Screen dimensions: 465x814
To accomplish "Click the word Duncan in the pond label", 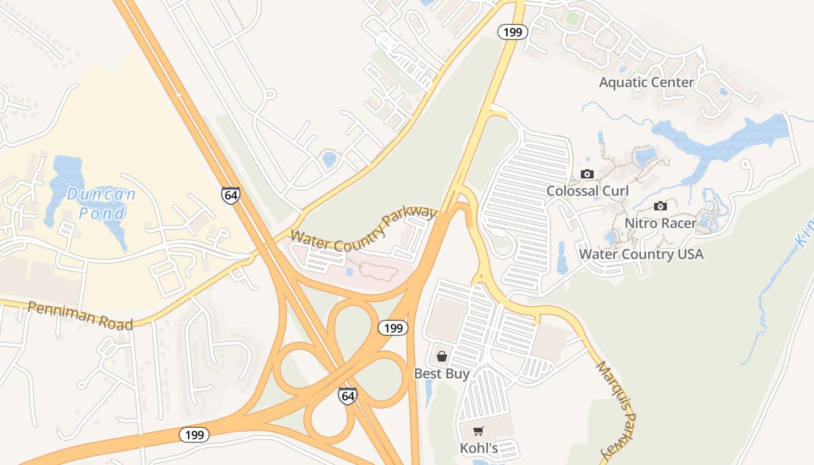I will [x=101, y=194].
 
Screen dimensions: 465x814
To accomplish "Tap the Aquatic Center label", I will [x=647, y=83].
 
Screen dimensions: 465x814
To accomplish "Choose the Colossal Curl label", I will [x=587, y=191].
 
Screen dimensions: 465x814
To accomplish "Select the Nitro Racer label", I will [x=661, y=223].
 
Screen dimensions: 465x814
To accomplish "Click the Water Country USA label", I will [x=641, y=254].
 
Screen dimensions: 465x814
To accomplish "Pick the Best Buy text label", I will [x=441, y=373].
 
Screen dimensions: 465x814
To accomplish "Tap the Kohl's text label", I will [x=479, y=448].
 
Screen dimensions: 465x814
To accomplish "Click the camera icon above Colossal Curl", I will [x=587, y=174].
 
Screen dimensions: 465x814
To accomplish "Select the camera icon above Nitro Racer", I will [x=660, y=206].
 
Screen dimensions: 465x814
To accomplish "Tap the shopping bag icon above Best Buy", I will [x=442, y=356].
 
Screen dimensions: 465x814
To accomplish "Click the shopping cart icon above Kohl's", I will [x=479, y=431].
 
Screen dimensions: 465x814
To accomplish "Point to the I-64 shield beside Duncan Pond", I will [x=231, y=195].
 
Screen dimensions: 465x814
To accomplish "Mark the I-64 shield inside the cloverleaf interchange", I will [x=348, y=396].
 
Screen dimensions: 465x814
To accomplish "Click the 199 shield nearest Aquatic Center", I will [x=512, y=32].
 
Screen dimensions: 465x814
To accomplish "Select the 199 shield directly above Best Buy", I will [x=393, y=328].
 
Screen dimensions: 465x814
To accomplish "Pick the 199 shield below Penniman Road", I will [x=194, y=434].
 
